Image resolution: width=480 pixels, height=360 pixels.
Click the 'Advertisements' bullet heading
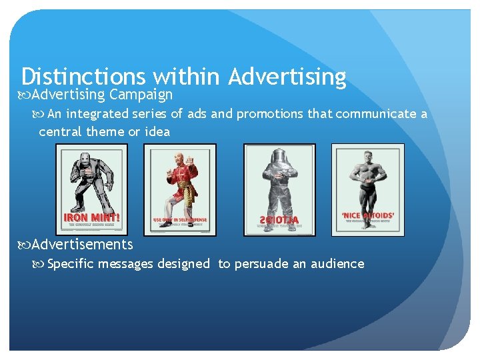tap(82, 245)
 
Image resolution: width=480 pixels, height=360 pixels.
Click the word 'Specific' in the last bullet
tap(72, 264)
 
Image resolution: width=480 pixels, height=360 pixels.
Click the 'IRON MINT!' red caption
tap(91, 217)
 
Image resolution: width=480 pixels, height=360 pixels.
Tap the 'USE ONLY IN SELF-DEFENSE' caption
tap(180, 219)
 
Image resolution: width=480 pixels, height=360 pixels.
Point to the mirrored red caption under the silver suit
tap(279, 219)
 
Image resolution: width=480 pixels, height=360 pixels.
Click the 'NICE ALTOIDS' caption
tap(367, 216)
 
